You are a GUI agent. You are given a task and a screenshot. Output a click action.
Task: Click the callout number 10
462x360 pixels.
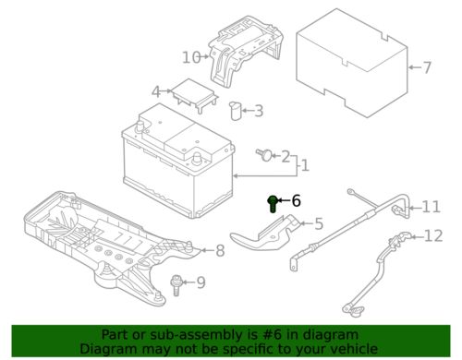click(x=190, y=57)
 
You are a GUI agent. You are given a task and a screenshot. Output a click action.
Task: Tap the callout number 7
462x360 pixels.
click(x=426, y=67)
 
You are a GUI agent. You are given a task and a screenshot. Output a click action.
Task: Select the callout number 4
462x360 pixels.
click(x=156, y=91)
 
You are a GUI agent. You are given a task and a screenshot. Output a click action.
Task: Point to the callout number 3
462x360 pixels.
click(x=257, y=112)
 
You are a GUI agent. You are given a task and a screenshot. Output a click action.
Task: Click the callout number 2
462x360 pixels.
click(x=285, y=156)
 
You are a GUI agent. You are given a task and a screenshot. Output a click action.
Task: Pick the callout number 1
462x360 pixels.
click(x=306, y=166)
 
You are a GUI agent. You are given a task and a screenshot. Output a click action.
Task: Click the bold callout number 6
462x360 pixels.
click(x=296, y=200)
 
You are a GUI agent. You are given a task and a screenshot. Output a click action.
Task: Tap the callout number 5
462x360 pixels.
click(x=318, y=222)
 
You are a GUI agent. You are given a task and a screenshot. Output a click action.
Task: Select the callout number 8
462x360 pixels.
click(x=219, y=250)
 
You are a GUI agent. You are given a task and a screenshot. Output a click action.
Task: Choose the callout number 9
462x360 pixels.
click(x=201, y=282)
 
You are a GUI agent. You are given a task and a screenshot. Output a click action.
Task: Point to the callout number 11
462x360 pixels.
click(x=432, y=206)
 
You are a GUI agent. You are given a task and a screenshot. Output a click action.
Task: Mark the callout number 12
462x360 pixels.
click(x=432, y=237)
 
